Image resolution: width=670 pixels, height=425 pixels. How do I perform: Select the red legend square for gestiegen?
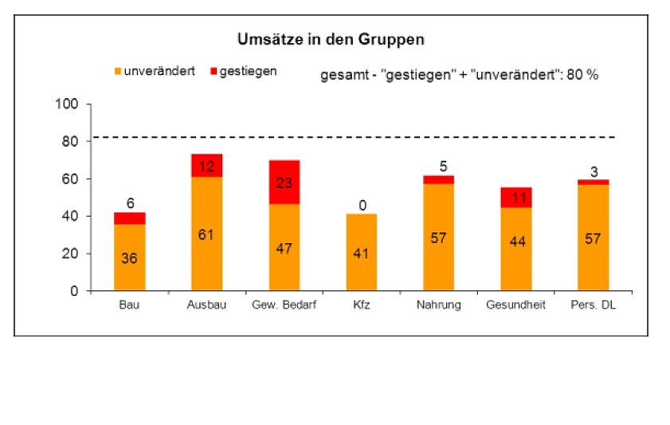214,72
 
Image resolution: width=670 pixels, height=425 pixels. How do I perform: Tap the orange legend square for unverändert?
116,72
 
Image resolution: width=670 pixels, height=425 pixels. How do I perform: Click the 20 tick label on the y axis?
70,254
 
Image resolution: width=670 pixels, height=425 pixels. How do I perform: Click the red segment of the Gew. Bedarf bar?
284,182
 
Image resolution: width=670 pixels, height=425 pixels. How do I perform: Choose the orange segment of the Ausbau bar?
206,234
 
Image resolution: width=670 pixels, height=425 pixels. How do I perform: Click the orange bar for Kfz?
362,253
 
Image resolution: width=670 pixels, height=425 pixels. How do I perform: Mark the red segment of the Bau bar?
129,218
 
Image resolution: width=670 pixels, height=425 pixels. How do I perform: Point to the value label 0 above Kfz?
362,206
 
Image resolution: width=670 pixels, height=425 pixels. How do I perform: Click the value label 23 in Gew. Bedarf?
284,182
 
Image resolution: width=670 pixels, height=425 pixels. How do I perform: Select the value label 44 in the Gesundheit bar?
515,242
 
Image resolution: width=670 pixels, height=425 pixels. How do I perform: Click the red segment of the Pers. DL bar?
594,182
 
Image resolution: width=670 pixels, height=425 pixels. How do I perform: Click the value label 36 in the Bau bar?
129,258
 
